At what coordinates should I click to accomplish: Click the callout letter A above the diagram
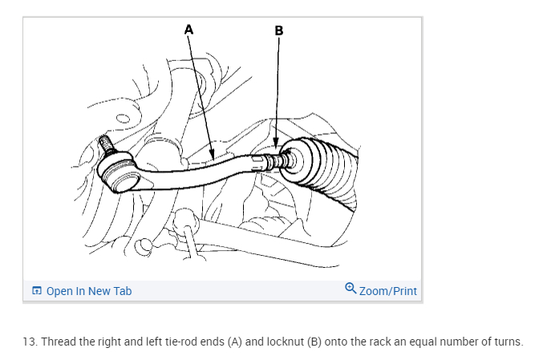click(x=189, y=29)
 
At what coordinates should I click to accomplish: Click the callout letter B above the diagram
click(x=278, y=31)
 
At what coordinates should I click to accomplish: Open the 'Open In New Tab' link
click(x=88, y=291)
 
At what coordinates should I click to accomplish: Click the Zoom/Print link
click(x=388, y=291)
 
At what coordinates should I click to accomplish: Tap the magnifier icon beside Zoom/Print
click(x=351, y=289)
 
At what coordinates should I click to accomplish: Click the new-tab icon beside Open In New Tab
click(x=36, y=291)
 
